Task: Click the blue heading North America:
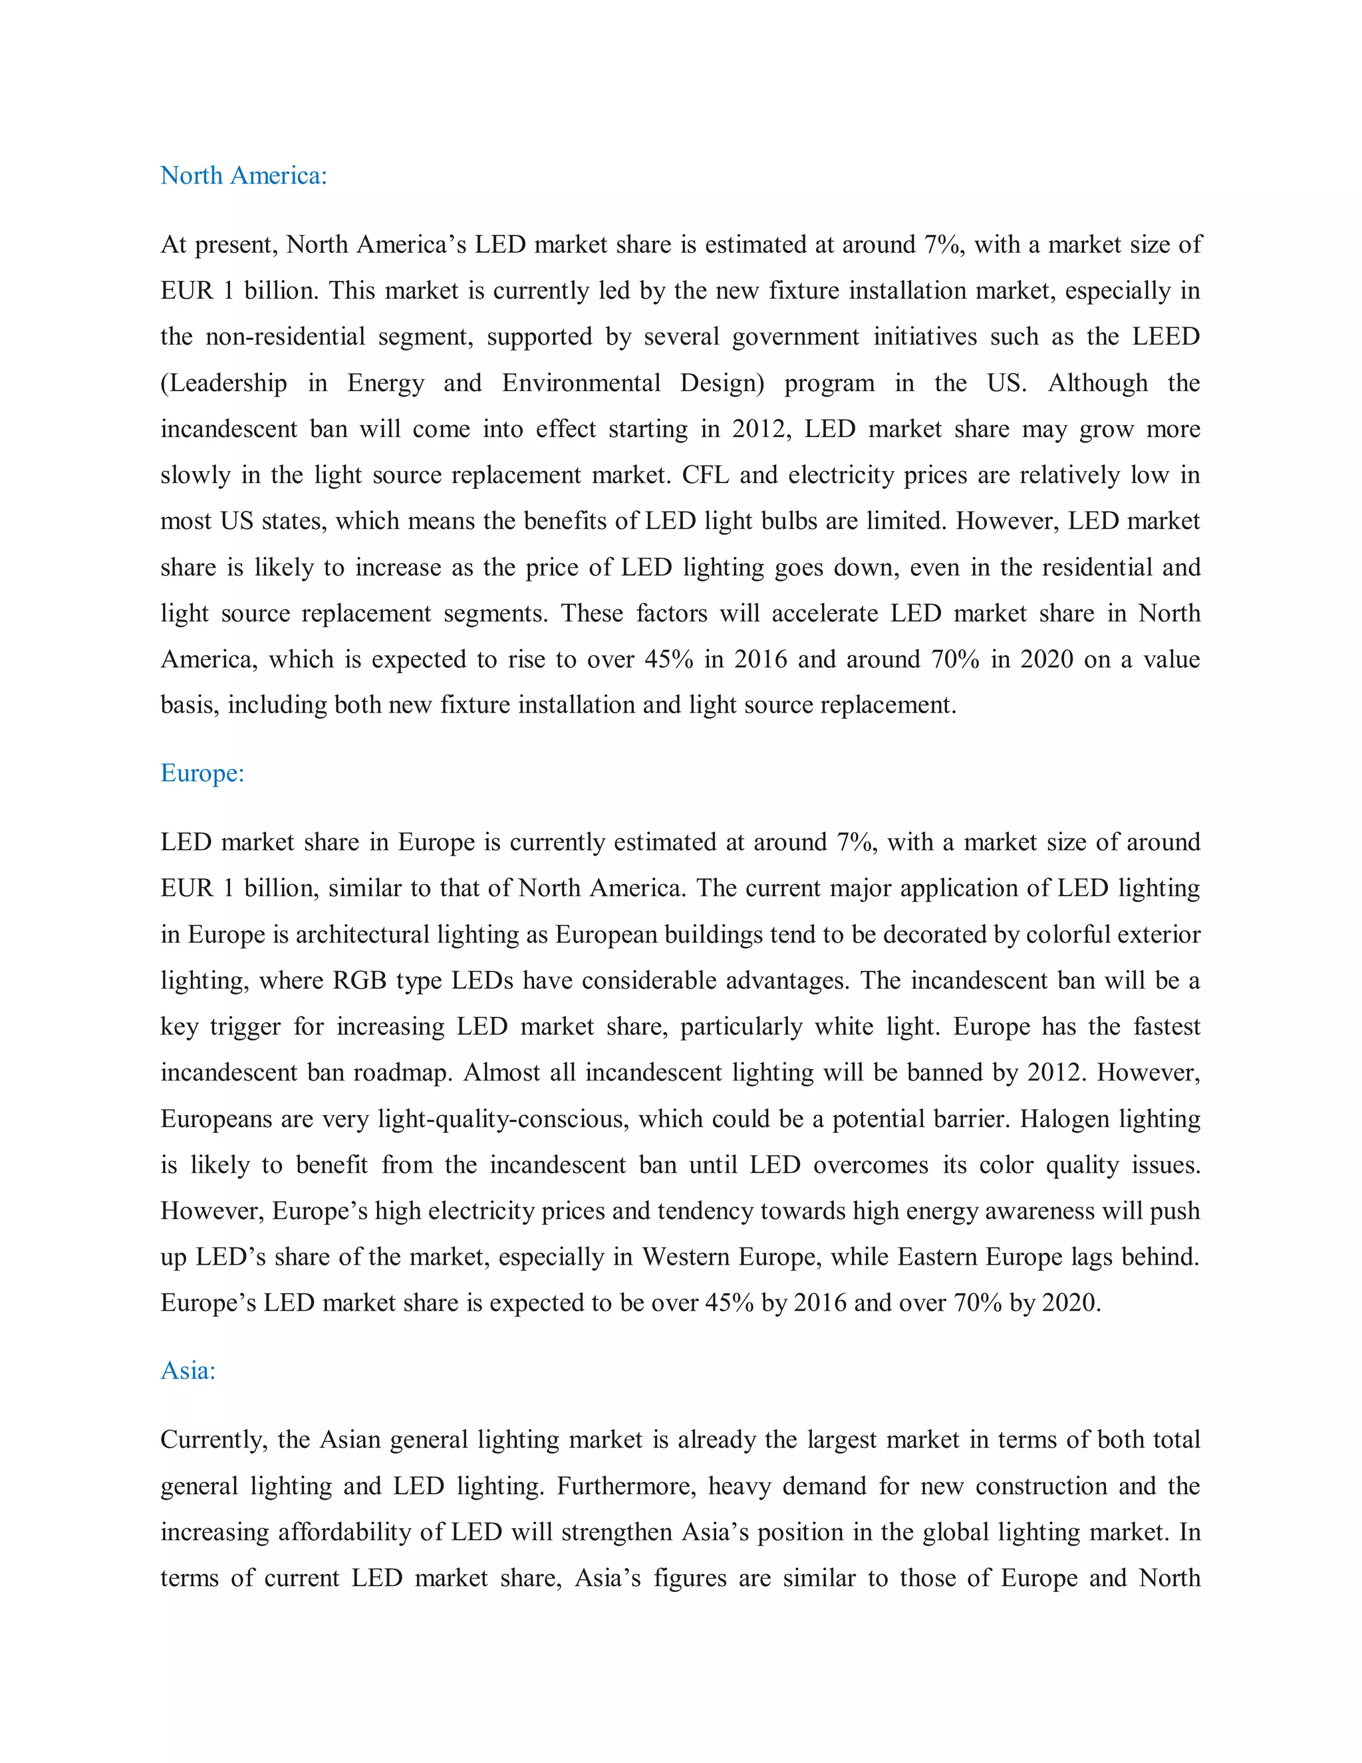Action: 243,175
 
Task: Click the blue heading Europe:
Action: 202,773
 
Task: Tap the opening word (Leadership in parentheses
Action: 223,383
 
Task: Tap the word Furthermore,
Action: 626,1486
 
